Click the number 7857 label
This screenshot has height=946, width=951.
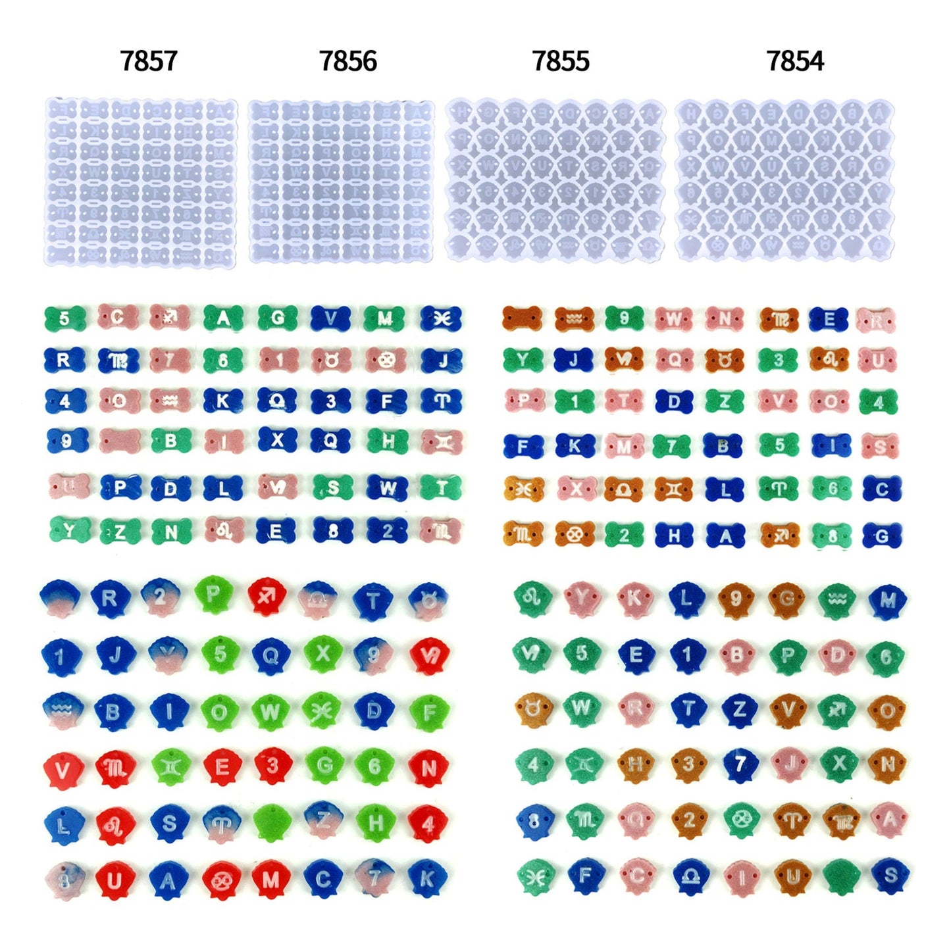149,61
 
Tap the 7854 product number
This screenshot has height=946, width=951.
795,61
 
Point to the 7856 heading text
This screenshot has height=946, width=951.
348,61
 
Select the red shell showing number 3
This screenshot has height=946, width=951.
272,766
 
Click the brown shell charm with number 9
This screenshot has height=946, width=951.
736,599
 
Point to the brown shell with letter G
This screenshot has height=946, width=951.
787,599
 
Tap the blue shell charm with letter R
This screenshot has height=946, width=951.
109,598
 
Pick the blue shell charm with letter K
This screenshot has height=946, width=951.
427,878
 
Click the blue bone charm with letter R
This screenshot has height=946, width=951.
64,360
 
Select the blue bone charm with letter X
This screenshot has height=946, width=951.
276,440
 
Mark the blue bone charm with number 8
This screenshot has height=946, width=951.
333,530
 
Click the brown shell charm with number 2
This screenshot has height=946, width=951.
688,820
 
